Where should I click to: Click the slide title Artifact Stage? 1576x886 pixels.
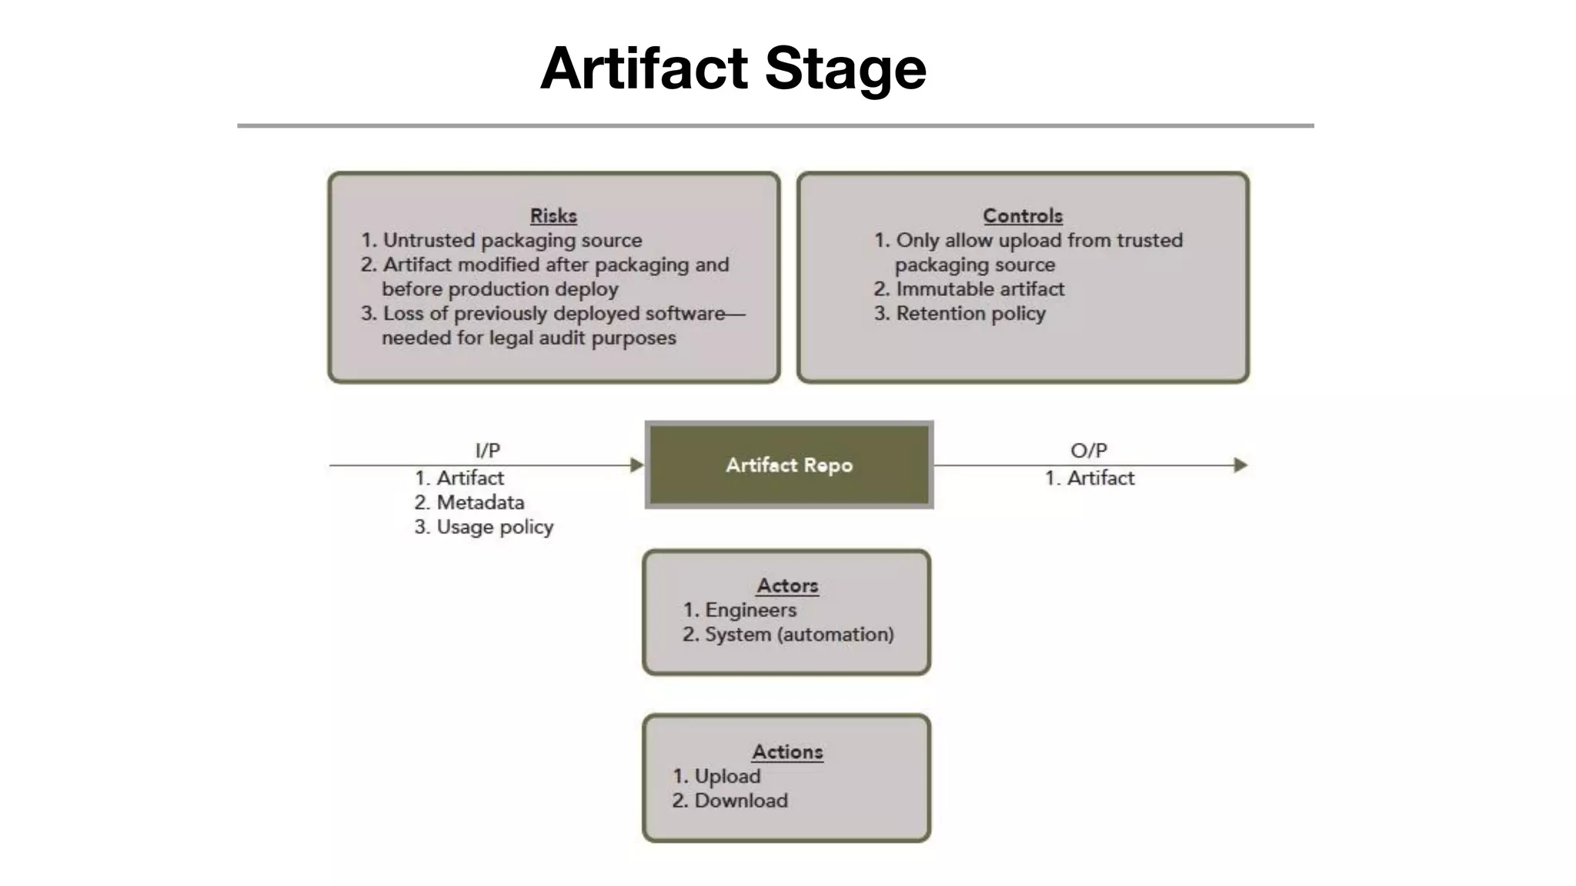(x=733, y=68)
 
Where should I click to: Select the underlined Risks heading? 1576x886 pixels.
(x=553, y=216)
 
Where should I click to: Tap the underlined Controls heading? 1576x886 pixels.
(x=1022, y=216)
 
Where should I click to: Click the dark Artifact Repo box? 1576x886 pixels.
(x=789, y=465)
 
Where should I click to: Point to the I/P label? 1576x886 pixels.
(x=488, y=450)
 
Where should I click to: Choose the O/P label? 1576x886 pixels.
(x=1088, y=450)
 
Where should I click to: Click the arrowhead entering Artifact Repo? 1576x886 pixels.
(x=636, y=465)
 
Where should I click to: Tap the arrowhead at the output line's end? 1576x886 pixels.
(x=1240, y=465)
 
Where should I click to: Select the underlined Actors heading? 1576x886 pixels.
(x=787, y=586)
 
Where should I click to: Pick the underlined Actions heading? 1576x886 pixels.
(x=787, y=752)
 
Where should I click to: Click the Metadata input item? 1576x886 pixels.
(x=479, y=503)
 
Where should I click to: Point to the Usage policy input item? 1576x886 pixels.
(x=494, y=528)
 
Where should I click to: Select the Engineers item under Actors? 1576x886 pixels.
(x=750, y=611)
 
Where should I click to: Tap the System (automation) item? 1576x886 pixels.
(x=799, y=635)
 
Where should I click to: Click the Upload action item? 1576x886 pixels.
(x=727, y=777)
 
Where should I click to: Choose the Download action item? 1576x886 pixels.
(x=740, y=801)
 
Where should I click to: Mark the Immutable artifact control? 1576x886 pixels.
(x=980, y=290)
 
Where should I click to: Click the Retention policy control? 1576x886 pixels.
(x=970, y=315)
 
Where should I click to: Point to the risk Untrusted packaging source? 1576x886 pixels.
(x=512, y=241)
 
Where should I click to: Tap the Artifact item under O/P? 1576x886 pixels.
(x=1100, y=478)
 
